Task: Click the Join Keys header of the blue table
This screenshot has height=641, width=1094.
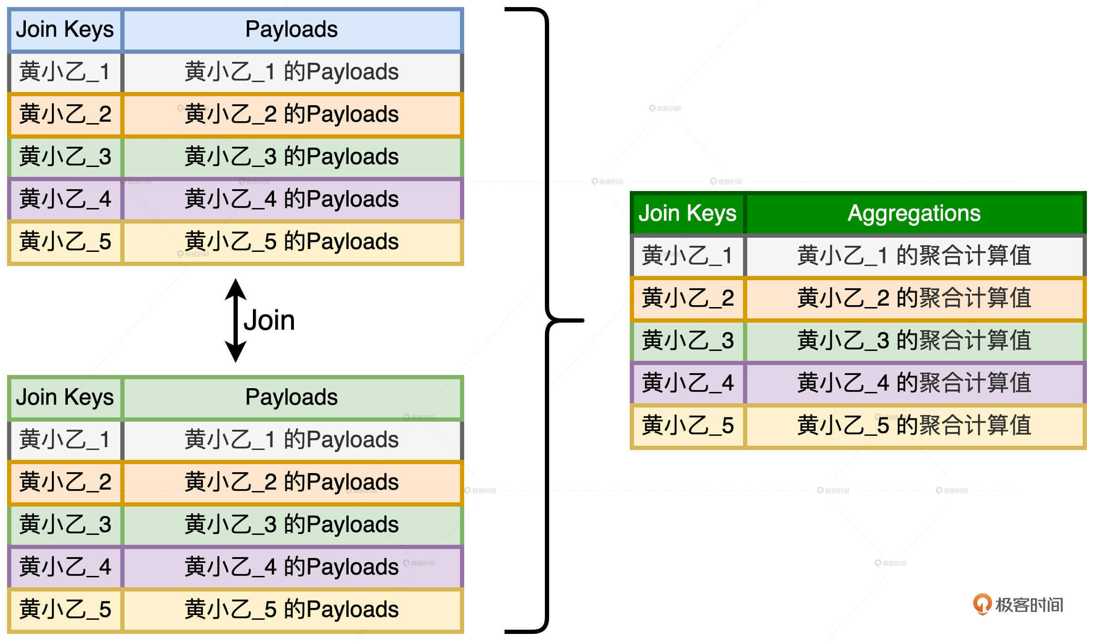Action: tap(65, 29)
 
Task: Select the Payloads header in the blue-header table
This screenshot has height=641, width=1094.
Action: tap(292, 29)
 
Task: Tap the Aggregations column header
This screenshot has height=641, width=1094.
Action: tap(914, 213)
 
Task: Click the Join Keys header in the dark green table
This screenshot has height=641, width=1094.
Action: tap(687, 213)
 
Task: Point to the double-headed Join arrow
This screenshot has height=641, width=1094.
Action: tap(235, 321)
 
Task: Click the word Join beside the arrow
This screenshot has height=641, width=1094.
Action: tap(269, 321)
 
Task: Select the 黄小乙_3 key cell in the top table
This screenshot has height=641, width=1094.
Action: tap(65, 157)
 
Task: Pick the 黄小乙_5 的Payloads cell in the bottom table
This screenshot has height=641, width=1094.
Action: tap(292, 609)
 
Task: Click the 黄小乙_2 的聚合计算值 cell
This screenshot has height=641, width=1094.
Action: tap(914, 298)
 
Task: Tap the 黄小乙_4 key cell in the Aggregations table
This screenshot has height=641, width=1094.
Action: tap(687, 383)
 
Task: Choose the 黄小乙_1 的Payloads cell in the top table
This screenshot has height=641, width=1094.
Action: tap(292, 72)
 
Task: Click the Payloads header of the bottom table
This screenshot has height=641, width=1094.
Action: tap(292, 397)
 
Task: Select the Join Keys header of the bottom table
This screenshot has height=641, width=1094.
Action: tap(65, 397)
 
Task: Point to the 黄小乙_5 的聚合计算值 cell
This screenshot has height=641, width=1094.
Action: tap(914, 425)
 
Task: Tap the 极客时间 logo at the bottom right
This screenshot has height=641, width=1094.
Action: tap(1018, 605)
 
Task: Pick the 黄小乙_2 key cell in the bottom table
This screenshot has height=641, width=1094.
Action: tap(65, 482)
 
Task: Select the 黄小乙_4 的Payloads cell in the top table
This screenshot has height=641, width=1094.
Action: tap(292, 199)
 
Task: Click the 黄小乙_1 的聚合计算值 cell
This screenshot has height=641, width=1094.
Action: tap(914, 256)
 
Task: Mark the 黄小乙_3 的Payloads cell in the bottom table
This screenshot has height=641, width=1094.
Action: tap(292, 524)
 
